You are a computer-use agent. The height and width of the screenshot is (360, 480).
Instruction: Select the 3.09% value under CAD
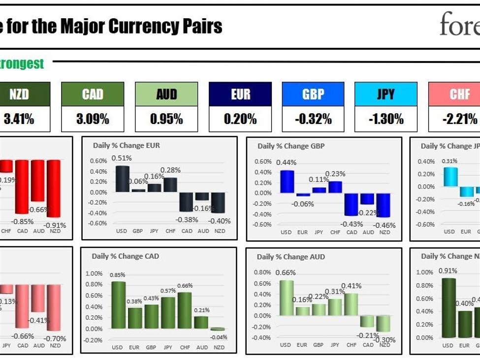[x=93, y=119]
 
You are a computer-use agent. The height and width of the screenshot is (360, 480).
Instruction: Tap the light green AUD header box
[x=166, y=94]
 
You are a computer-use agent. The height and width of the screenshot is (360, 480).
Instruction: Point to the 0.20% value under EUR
[x=240, y=119]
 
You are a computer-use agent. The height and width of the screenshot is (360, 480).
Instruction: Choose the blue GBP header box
[x=313, y=94]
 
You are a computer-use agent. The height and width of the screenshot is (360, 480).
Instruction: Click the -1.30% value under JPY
[x=386, y=119]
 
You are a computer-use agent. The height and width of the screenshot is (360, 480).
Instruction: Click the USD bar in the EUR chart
[x=123, y=179]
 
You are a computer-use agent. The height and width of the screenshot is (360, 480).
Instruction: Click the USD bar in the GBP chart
[x=287, y=181]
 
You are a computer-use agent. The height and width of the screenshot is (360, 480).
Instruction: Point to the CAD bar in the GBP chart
[x=352, y=204]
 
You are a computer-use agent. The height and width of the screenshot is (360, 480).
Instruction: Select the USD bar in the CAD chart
[x=118, y=305]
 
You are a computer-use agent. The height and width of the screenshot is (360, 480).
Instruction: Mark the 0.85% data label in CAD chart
[x=118, y=275]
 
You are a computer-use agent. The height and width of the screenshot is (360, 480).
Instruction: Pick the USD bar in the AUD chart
[x=287, y=298]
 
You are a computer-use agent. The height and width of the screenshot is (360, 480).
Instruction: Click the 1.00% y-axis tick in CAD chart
[x=94, y=273]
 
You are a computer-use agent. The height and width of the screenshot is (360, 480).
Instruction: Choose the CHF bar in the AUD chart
[x=352, y=304]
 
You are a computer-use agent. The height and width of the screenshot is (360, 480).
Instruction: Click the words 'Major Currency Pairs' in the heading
[x=141, y=27]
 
